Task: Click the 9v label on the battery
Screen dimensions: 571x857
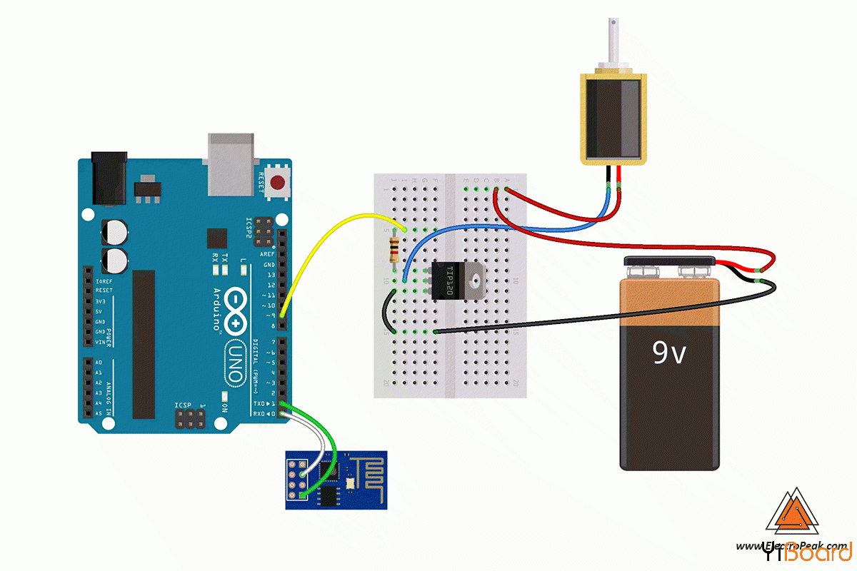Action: coord(668,352)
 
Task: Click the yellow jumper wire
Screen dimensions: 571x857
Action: coord(321,243)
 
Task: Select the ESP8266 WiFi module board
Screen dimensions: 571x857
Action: coord(336,479)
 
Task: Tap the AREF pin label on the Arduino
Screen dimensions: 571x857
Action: coord(267,254)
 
